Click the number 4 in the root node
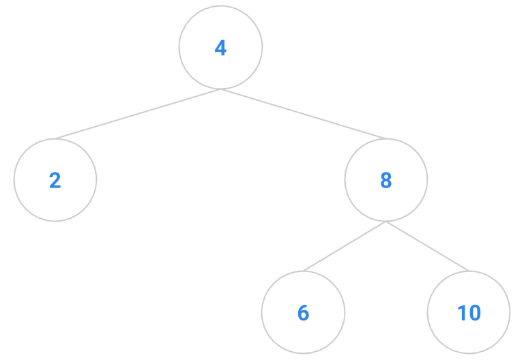pyautogui.click(x=220, y=48)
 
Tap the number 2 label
pyautogui.click(x=55, y=181)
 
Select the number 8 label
pyautogui.click(x=386, y=181)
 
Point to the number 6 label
pyautogui.click(x=304, y=313)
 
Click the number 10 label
pyautogui.click(x=469, y=313)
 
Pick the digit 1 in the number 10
pyautogui.click(x=461, y=313)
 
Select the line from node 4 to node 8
pyautogui.click(x=304, y=114)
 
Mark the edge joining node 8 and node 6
pyautogui.click(x=345, y=246)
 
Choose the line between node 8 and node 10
pyautogui.click(x=427, y=246)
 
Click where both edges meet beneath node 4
pyautogui.click(x=220, y=89)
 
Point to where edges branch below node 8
pyautogui.click(x=386, y=222)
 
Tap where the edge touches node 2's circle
pyautogui.click(x=55, y=139)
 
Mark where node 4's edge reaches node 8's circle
pyautogui.click(x=386, y=139)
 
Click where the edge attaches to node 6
pyautogui.click(x=304, y=271)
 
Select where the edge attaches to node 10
pyautogui.click(x=469, y=271)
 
